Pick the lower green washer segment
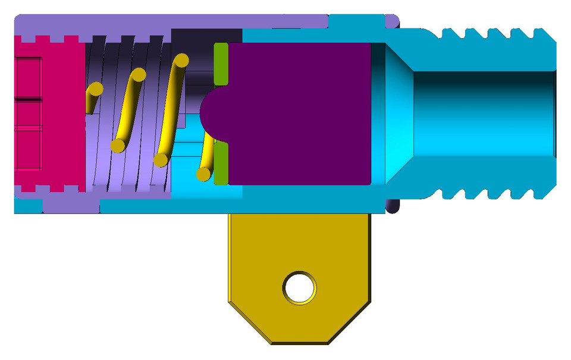point(221,163)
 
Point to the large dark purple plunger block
point(300,113)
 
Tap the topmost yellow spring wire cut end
point(181,61)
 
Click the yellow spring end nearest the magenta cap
point(95,90)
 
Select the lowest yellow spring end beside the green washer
point(203,174)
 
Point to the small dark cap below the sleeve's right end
point(393,206)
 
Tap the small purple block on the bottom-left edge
point(70,205)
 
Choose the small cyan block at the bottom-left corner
point(27,206)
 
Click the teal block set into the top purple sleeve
point(356,21)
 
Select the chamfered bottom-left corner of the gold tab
point(247,321)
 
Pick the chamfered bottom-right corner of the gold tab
point(351,321)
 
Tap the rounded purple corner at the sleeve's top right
point(391,21)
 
